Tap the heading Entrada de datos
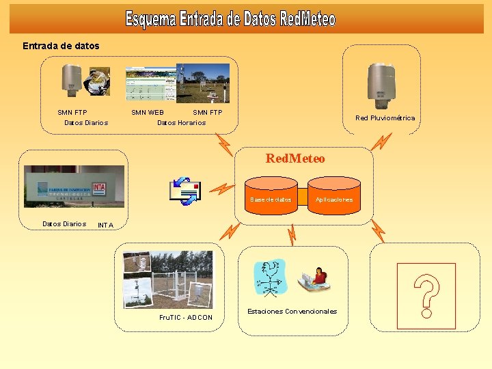61,46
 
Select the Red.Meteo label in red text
295,159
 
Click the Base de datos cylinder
271,197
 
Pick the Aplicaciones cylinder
334,197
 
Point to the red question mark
426,296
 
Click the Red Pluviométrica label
385,118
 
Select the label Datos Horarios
181,123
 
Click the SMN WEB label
148,112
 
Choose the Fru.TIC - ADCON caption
185,317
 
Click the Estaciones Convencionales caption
292,311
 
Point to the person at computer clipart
314,277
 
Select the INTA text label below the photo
105,225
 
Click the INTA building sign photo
74,187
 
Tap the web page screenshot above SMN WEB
150,84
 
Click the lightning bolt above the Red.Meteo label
224,143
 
